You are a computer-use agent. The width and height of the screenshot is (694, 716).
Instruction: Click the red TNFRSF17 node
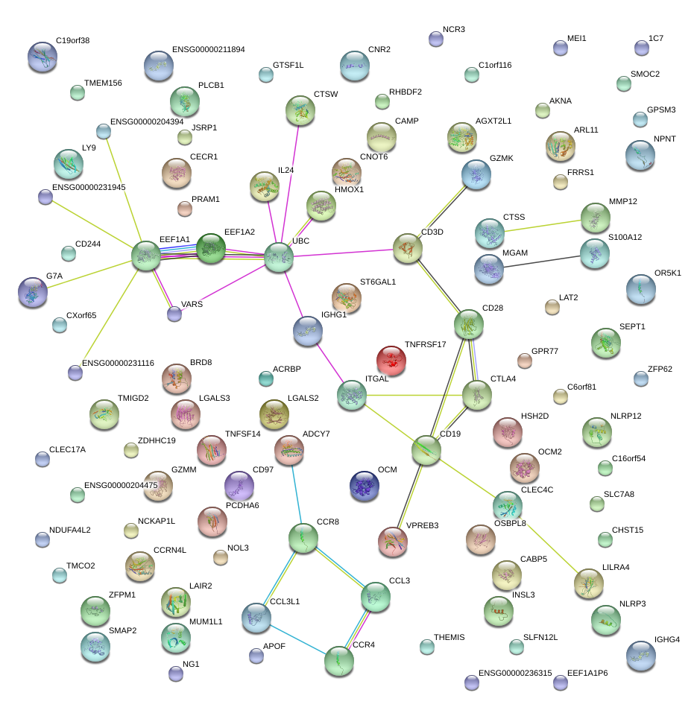pos(391,360)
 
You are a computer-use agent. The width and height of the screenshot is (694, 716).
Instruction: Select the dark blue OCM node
pos(365,486)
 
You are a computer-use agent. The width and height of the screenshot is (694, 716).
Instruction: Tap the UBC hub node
pos(278,258)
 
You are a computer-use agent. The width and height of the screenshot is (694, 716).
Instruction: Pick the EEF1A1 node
pos(146,256)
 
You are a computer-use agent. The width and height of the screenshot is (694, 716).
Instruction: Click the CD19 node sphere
pos(426,450)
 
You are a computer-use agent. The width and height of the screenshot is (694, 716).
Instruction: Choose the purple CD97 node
pos(239,485)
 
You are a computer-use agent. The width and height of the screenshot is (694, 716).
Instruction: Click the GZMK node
pos(476,174)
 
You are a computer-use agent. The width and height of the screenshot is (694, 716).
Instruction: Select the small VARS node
pos(174,314)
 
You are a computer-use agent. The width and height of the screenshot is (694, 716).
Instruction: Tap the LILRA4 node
pos(588,583)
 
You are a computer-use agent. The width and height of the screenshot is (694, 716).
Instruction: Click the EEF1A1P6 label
pos(587,673)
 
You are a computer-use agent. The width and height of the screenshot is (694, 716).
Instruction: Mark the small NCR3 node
pos(436,38)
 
